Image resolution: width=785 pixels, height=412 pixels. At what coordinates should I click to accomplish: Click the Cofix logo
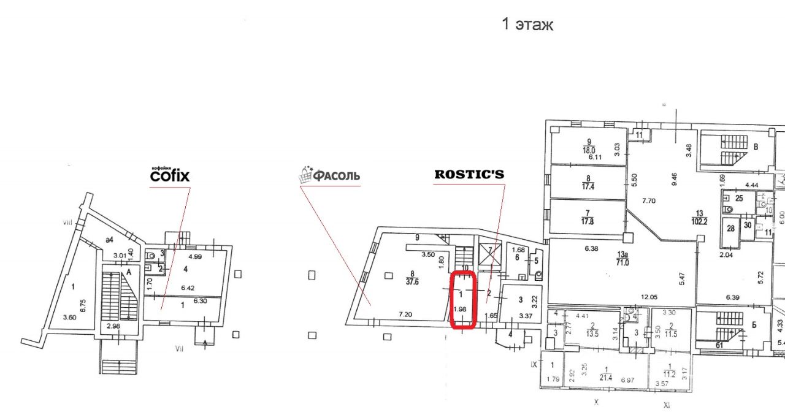pos(170,175)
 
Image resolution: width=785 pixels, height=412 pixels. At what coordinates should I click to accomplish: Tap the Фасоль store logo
pos(329,176)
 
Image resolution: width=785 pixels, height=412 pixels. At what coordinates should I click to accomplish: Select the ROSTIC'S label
pos(469,174)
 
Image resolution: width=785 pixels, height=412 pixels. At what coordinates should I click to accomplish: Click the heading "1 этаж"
pos(527,25)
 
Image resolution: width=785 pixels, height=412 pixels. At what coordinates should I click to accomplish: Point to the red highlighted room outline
pos(463,300)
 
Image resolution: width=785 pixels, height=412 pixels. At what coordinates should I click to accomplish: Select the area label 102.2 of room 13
pos(700,221)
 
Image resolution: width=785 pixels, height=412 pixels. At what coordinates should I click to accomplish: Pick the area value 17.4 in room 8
pos(588,185)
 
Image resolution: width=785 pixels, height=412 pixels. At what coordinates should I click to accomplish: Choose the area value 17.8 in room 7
pos(588,221)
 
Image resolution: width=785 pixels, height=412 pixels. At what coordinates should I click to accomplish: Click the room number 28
pos(730,228)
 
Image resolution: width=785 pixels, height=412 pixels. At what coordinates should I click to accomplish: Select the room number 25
pos(739,198)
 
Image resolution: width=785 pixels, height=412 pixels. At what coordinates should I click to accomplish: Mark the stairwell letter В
pos(756,147)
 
